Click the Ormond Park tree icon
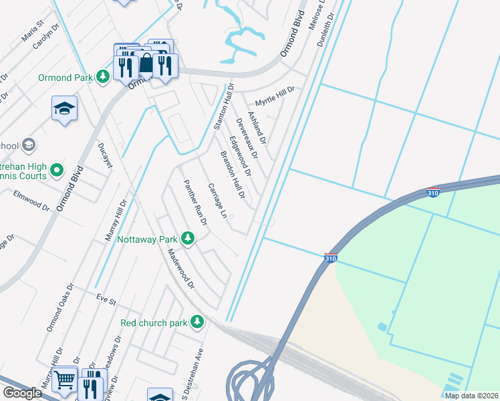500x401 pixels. point(102,78)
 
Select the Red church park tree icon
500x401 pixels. point(197,323)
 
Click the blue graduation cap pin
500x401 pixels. point(65,108)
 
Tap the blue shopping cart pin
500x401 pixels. point(65,380)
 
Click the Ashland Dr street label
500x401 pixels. point(257,128)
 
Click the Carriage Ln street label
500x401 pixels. point(218,201)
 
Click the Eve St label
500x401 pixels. point(102,297)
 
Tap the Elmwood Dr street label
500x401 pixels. point(31,199)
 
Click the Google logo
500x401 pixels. point(23,393)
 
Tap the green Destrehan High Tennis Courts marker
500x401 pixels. point(57,171)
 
